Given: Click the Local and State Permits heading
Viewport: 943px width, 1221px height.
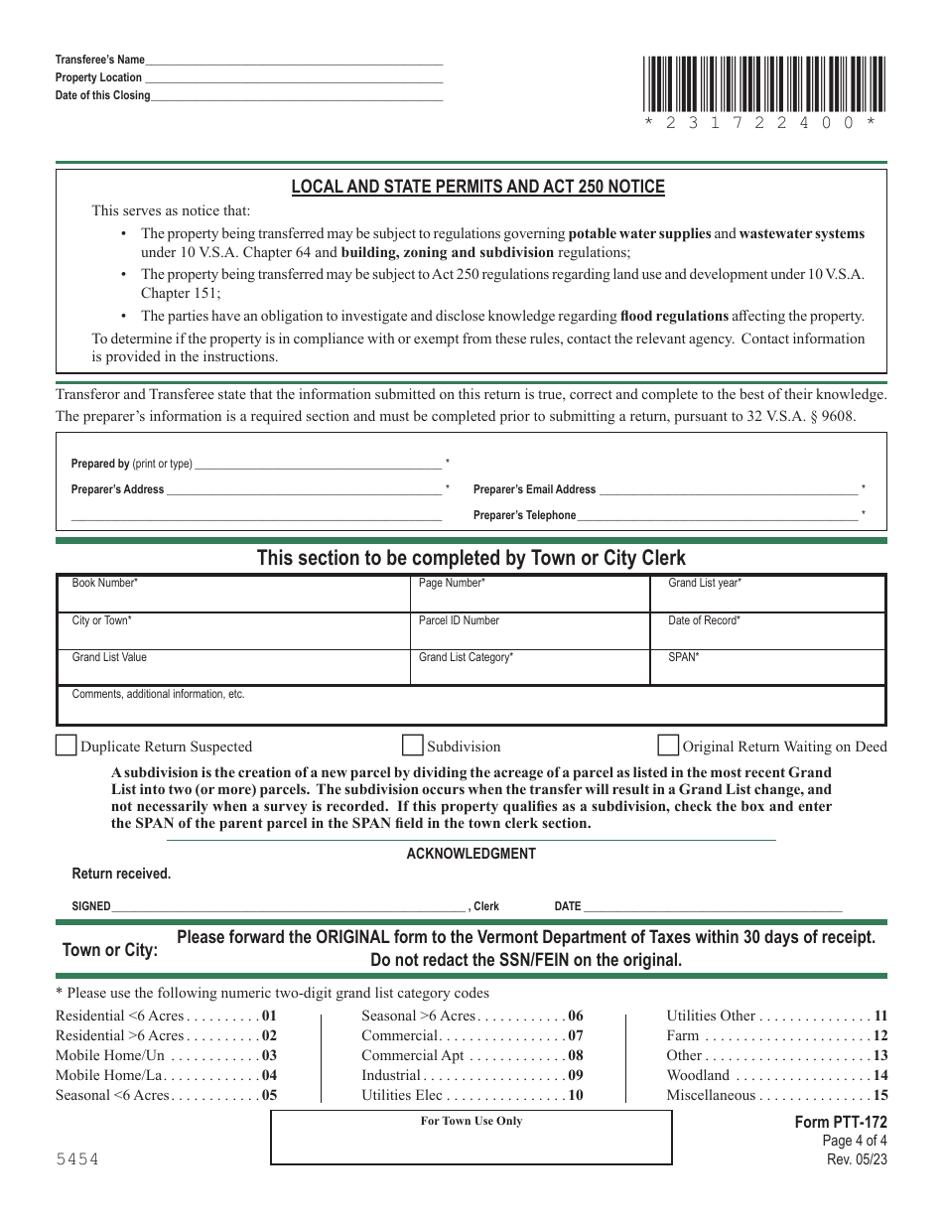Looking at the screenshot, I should coord(477,187).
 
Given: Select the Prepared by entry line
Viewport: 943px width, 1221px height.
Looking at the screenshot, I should coord(318,463).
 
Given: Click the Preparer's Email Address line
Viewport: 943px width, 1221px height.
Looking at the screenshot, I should coord(729,488).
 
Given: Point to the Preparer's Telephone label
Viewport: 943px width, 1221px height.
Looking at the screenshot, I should coord(524,515).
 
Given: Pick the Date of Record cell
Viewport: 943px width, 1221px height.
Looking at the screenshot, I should coord(767,630).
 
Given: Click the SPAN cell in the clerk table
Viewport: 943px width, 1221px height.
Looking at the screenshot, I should coord(767,667).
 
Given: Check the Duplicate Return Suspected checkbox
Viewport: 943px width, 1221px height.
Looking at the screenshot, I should coord(66,746).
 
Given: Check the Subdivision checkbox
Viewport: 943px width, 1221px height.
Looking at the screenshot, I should coord(412,746).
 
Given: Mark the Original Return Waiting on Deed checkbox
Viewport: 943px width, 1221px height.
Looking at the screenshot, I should coord(668,746).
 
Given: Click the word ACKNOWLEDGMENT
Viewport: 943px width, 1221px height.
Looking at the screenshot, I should coord(471,854).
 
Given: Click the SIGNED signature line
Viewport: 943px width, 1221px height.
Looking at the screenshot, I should coord(288,905).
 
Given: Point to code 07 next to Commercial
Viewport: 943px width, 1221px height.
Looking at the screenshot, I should coord(575,1035).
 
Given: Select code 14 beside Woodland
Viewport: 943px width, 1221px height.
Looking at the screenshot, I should coord(879,1075).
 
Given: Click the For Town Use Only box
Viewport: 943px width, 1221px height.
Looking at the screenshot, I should coord(471,1138).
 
